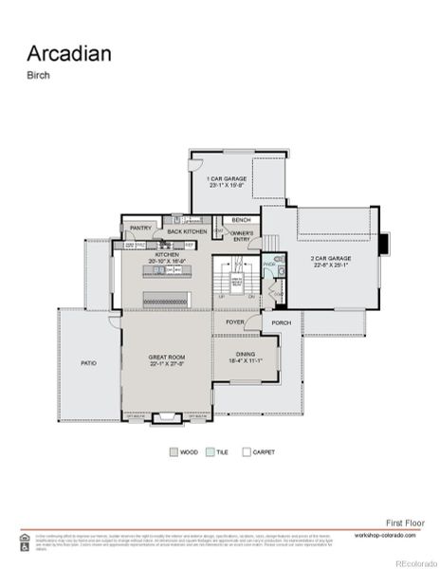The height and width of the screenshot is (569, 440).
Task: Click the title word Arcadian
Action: click(x=68, y=53)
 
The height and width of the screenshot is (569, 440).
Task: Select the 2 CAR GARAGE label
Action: click(x=331, y=258)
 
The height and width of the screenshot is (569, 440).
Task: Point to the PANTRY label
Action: click(x=141, y=228)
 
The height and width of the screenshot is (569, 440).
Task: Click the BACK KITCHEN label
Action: click(x=187, y=231)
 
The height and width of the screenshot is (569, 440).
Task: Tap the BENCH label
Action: click(x=242, y=220)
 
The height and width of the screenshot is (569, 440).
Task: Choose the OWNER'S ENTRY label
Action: click(x=242, y=236)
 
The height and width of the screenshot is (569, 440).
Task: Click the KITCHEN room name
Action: click(x=167, y=255)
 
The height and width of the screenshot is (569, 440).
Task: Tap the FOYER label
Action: click(x=235, y=322)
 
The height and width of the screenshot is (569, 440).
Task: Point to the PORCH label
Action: click(x=282, y=322)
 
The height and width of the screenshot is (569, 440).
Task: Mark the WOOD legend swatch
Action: click(x=174, y=452)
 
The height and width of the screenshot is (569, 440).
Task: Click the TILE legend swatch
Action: click(x=211, y=452)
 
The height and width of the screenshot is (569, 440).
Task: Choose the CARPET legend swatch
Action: click(x=247, y=452)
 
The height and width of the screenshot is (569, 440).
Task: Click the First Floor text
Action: click(x=405, y=522)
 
